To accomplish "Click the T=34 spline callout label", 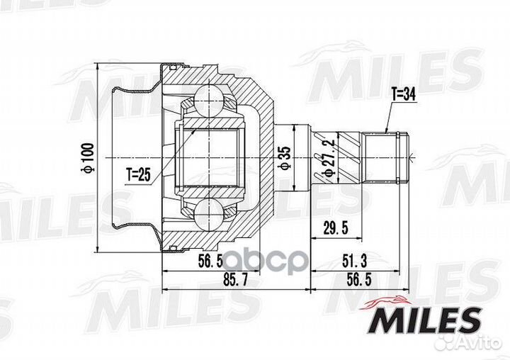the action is tap(404, 95).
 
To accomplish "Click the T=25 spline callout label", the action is tap(139, 175).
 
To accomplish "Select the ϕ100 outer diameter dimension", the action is tap(89, 157).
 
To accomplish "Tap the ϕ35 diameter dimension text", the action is tap(285, 158).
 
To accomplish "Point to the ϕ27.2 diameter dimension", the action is tap(329, 158).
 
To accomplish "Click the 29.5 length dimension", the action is tap(336, 228).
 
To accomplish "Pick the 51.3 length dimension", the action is tap(355, 261).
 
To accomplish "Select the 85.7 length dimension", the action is tap(235, 279).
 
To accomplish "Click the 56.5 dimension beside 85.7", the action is tap(210, 261).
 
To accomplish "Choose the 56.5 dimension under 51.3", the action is tap(359, 279).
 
